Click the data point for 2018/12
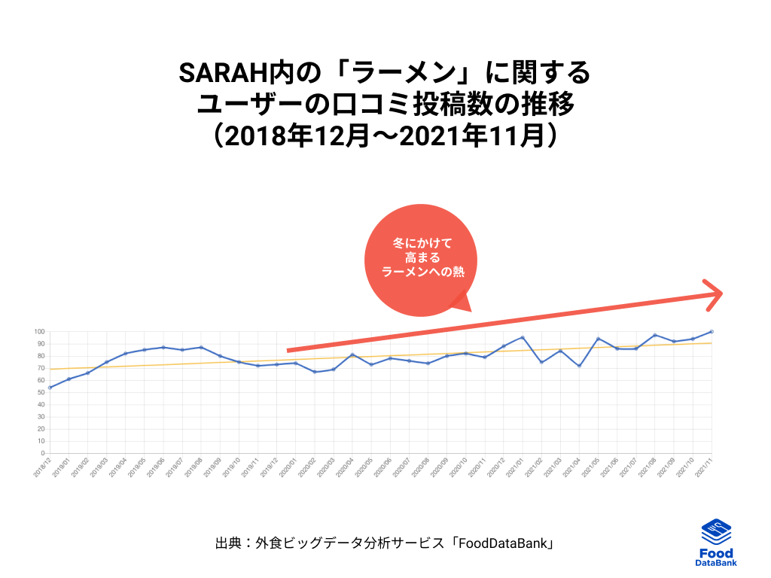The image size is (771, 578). [50, 388]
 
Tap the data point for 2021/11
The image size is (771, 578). [712, 331]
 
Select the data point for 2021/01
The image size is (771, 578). [523, 337]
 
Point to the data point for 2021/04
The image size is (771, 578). [579, 366]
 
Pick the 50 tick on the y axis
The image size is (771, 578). [41, 393]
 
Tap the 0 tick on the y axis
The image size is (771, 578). [43, 454]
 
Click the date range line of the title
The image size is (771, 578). [385, 135]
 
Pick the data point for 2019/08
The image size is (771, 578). [201, 348]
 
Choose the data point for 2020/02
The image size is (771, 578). [315, 372]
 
